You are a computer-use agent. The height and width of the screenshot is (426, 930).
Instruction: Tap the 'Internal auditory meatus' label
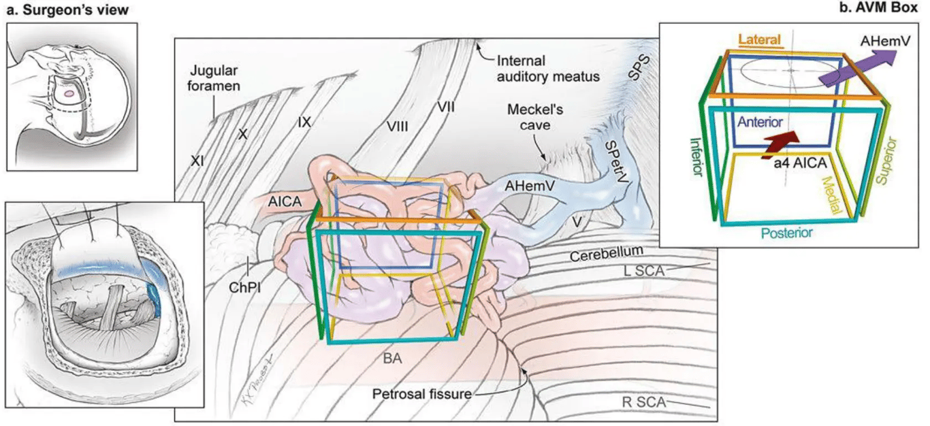tap(548, 68)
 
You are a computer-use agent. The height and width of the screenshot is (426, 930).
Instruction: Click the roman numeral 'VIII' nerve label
tap(397, 126)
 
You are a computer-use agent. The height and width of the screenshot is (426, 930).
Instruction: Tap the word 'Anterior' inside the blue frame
tap(760, 121)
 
